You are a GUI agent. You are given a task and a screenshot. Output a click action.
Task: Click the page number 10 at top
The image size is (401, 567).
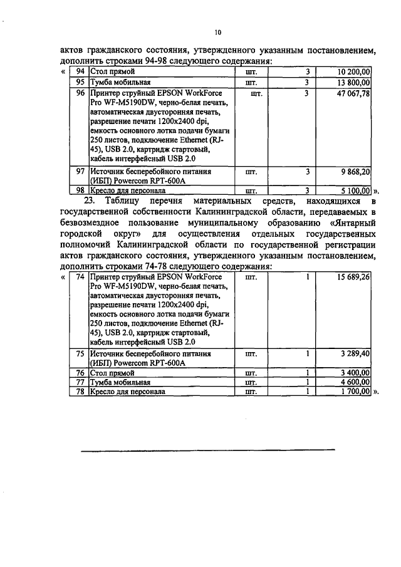[x=217, y=33]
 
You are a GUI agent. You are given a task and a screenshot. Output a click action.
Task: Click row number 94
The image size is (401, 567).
[x=80, y=73]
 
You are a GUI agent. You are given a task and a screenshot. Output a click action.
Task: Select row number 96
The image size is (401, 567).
[x=80, y=93]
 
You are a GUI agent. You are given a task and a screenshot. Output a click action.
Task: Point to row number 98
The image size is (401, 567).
[x=80, y=190]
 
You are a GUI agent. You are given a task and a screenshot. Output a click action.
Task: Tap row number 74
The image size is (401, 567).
[x=80, y=276]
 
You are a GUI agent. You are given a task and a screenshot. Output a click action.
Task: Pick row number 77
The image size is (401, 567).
[x=80, y=382]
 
